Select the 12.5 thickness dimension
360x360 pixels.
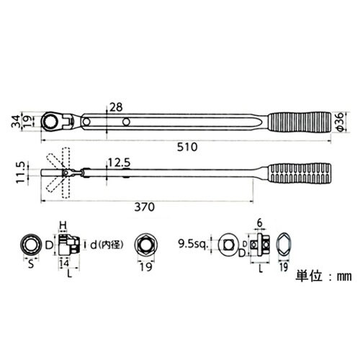pos(120,163)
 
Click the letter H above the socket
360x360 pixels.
pos(63,224)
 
